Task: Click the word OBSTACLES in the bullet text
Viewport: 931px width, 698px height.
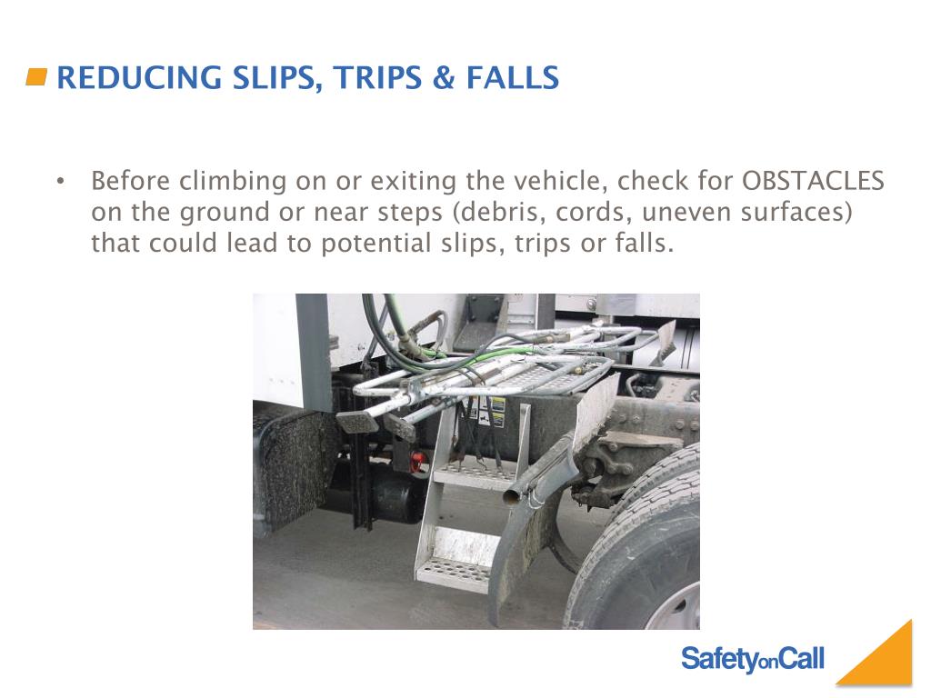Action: pos(813,181)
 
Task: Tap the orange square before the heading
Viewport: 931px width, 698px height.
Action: pos(36,77)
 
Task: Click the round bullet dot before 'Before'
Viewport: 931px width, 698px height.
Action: pos(61,182)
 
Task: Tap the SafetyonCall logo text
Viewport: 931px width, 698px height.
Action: pos(752,659)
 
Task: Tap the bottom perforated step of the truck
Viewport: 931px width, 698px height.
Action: pos(455,571)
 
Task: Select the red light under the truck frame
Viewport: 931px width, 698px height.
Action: pos(417,461)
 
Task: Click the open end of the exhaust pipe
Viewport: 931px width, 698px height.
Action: pos(511,496)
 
